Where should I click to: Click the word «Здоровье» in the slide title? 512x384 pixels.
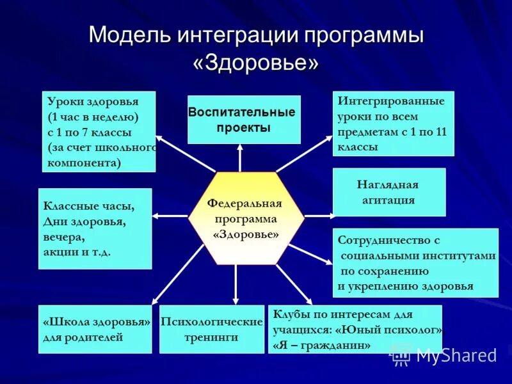tap(255, 63)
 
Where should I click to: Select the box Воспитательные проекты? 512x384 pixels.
tap(244, 120)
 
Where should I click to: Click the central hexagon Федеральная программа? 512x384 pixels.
tap(245, 218)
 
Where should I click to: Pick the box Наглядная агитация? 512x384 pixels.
tap(388, 192)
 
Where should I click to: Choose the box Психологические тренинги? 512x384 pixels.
tap(211, 329)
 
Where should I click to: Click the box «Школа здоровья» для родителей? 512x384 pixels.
tap(95, 329)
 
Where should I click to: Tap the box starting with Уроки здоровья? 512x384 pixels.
tap(99, 132)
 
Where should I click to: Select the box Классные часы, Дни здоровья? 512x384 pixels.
tap(95, 228)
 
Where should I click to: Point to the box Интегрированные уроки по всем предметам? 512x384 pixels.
tap(393, 124)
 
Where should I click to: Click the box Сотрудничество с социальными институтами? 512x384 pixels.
tap(415, 262)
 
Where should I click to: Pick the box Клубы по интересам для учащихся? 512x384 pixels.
tap(355, 329)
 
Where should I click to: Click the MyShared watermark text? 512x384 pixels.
tap(456, 355)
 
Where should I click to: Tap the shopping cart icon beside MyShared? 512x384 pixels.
tap(401, 355)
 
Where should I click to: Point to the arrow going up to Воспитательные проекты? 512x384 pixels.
tap(239, 157)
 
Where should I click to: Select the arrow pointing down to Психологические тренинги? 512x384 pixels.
tap(236, 285)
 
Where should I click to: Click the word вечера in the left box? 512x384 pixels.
tap(63, 237)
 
